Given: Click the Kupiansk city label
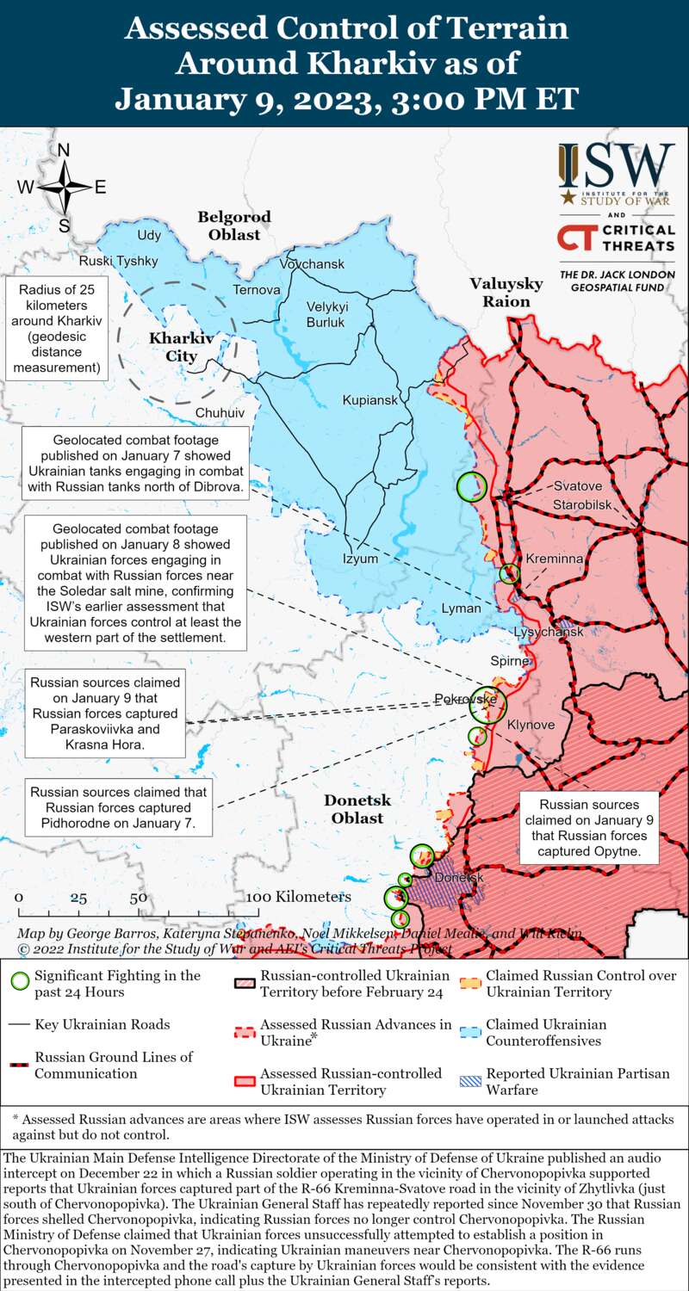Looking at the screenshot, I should [x=370, y=400].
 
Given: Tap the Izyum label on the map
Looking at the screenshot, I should [x=361, y=558].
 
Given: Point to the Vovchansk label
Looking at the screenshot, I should [x=312, y=263].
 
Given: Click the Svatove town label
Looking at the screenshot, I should [x=578, y=485].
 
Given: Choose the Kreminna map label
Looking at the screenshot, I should [x=555, y=559].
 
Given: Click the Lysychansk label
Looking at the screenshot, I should [x=549, y=632].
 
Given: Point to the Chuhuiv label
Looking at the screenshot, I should [x=220, y=413].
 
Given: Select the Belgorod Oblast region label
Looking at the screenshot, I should [x=233, y=225].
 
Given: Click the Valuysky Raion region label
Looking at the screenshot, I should [x=506, y=293].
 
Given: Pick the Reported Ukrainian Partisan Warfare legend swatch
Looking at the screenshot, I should [x=469, y=1081].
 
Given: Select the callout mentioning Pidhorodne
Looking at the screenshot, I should [x=119, y=807].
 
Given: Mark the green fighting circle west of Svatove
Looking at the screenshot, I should [x=471, y=486].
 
